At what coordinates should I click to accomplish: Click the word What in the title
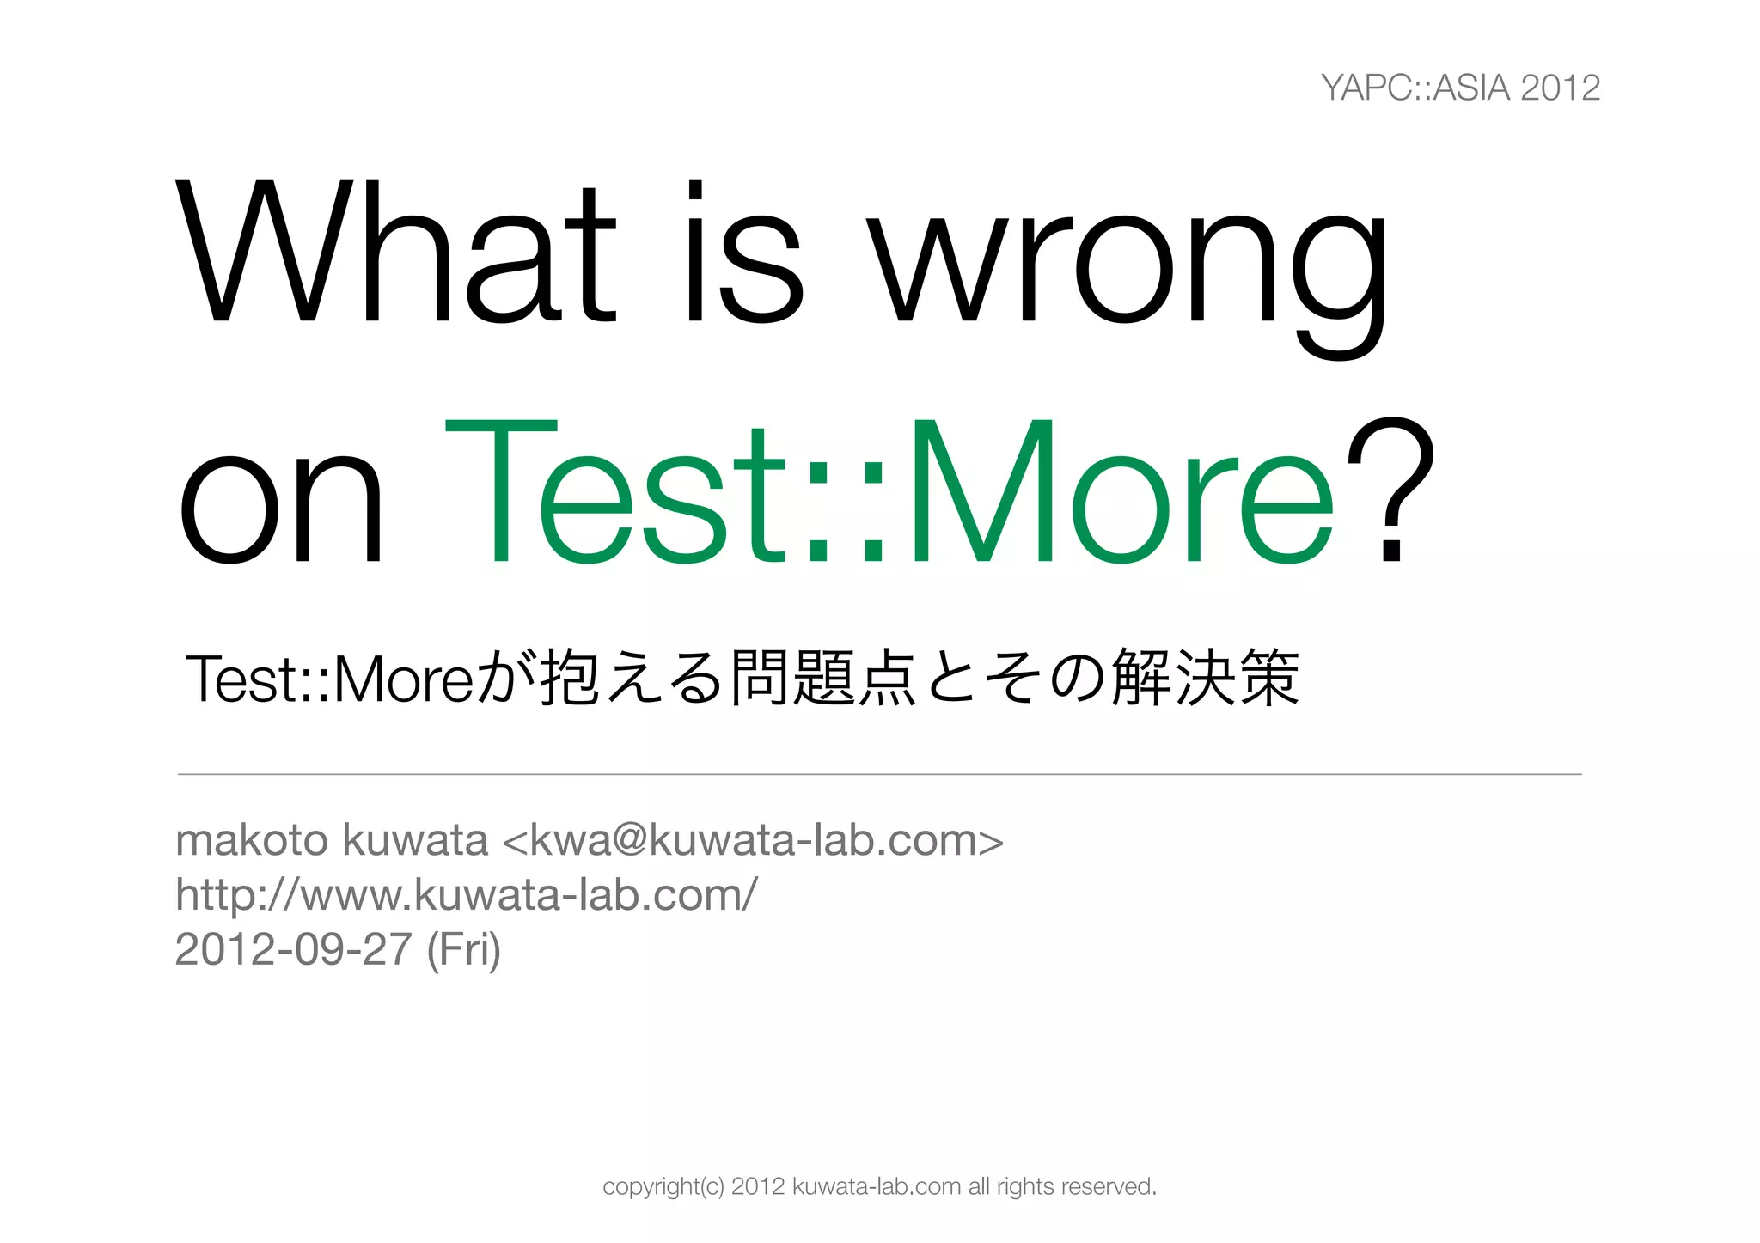pyautogui.click(x=395, y=253)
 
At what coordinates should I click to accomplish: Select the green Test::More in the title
pyautogui.click(x=889, y=494)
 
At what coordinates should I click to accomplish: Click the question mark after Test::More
pyautogui.click(x=1390, y=490)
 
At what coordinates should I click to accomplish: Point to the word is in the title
pyautogui.click(x=744, y=253)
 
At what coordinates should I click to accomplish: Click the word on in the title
pyautogui.click(x=280, y=507)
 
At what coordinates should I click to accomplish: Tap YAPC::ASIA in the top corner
pyautogui.click(x=1415, y=88)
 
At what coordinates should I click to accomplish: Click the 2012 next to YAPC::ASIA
pyautogui.click(x=1560, y=88)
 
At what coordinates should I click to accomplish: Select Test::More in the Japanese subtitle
pyautogui.click(x=329, y=679)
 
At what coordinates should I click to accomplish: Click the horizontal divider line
pyautogui.click(x=879, y=774)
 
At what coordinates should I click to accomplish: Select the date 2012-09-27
pyautogui.click(x=293, y=949)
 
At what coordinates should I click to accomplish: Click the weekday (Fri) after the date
pyautogui.click(x=463, y=949)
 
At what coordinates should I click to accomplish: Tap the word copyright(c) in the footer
pyautogui.click(x=663, y=1187)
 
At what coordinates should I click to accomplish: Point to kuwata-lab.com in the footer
pyautogui.click(x=876, y=1186)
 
